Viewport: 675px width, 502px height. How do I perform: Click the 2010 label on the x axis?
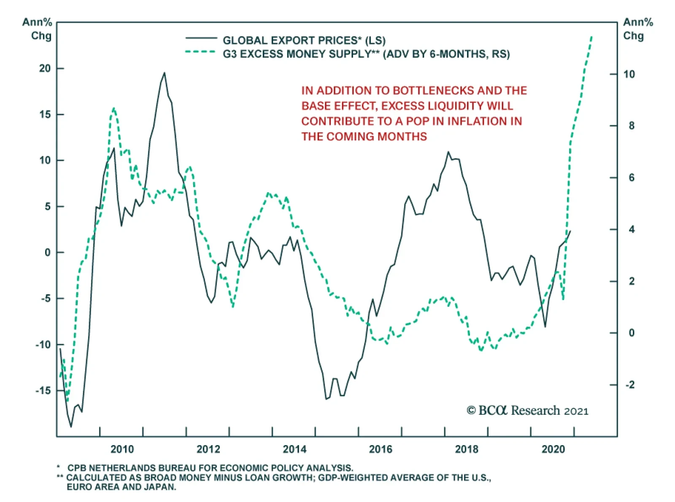[122, 449]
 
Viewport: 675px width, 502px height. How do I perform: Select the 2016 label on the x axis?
[381, 449]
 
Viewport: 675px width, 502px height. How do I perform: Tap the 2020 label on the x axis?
[553, 449]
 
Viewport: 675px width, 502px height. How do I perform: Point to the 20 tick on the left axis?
[45, 68]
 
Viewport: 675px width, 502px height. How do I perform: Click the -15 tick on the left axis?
[43, 390]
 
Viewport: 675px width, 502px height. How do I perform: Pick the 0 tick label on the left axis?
[48, 252]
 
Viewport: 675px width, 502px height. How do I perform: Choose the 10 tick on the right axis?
[629, 74]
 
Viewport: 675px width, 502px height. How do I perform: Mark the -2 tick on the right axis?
[629, 385]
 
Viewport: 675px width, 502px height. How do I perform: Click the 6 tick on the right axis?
[631, 178]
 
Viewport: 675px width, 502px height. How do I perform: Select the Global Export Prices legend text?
[304, 40]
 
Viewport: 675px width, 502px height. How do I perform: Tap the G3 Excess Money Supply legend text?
[366, 54]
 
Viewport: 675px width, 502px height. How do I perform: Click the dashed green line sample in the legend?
[201, 52]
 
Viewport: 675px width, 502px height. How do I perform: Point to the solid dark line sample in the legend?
[201, 38]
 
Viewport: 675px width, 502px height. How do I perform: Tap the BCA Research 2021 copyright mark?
[527, 411]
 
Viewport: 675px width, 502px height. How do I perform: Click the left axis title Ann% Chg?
[38, 29]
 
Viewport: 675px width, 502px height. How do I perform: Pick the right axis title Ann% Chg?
[637, 29]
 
